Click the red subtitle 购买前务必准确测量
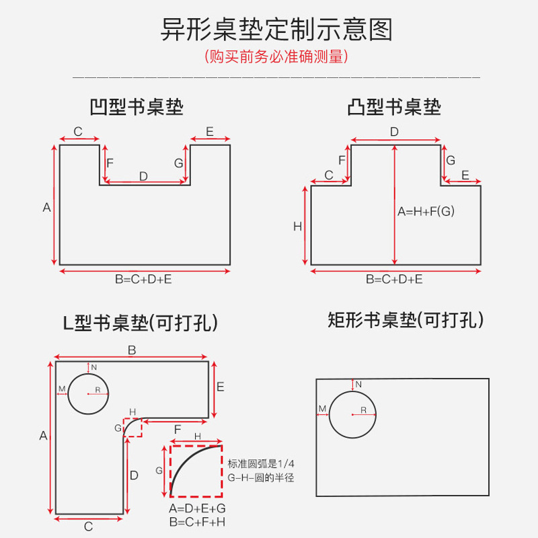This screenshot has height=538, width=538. click(x=276, y=56)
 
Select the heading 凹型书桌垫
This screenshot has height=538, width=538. click(x=137, y=107)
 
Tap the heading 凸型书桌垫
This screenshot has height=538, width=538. click(x=394, y=107)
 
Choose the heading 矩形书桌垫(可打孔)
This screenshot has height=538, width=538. click(x=406, y=320)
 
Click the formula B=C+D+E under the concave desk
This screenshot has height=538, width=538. click(x=143, y=279)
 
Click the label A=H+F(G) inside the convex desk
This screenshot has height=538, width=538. click(x=426, y=211)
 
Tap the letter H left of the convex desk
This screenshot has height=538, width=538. click(x=297, y=227)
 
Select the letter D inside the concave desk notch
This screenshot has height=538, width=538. click(x=143, y=176)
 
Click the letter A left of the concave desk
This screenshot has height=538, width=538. click(x=46, y=207)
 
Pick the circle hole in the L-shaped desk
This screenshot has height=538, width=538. click(x=88, y=393)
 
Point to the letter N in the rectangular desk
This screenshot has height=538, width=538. click(x=358, y=384)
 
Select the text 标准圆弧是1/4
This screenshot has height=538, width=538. click(x=261, y=464)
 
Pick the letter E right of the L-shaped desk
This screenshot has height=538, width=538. click(x=221, y=387)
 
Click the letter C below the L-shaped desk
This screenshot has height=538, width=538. click(x=88, y=527)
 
